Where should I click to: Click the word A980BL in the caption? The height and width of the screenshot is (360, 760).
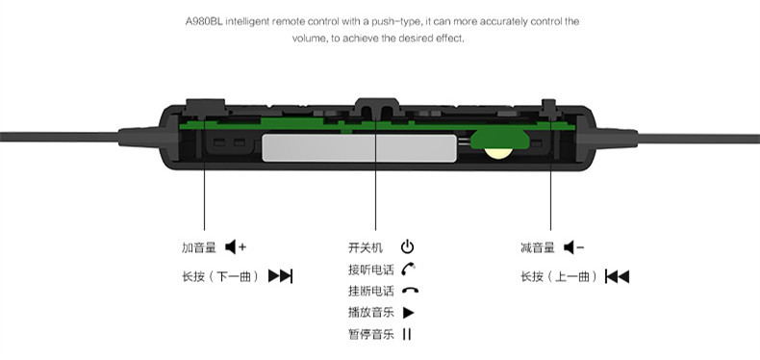[204, 22]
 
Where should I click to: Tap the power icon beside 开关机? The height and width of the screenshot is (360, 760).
[407, 247]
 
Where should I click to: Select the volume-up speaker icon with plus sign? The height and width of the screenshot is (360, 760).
[236, 247]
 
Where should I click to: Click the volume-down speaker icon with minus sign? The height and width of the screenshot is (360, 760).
[574, 247]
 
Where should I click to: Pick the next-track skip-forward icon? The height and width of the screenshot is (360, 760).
[281, 276]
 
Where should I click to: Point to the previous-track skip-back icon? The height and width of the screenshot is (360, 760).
[617, 276]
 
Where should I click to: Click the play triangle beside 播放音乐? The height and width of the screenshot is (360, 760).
[408, 313]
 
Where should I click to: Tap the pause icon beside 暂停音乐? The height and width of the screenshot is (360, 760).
[407, 334]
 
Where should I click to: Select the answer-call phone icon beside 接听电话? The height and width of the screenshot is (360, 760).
[409, 269]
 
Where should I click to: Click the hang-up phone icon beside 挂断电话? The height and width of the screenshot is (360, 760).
[410, 291]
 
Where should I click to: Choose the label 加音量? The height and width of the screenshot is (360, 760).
[199, 247]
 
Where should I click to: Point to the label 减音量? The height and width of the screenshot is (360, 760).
[538, 247]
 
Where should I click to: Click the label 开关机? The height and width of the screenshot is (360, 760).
[366, 247]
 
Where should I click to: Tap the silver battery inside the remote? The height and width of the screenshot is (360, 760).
[359, 148]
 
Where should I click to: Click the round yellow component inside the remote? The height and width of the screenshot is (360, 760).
[498, 153]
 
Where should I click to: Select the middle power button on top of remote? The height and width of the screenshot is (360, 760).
[376, 107]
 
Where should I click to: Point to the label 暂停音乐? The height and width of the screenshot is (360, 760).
[370, 334]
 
